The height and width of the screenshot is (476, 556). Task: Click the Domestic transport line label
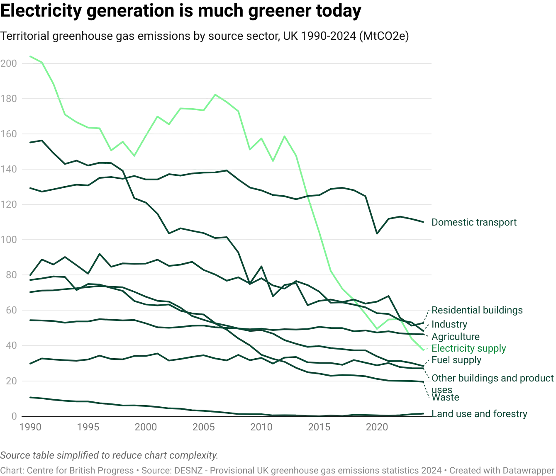[474, 223]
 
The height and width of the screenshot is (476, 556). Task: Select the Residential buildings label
[477, 310]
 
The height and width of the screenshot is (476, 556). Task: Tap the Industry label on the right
[449, 324]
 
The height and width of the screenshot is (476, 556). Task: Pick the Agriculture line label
[456, 336]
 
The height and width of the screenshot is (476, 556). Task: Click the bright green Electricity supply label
[469, 348]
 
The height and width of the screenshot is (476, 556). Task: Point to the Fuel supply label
[456, 361]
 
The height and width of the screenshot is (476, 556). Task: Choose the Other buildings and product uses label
[493, 378]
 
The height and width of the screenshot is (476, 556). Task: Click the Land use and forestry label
[479, 414]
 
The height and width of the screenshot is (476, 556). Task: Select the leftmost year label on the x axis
[31, 426]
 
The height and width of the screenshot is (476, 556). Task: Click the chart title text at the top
[205, 36]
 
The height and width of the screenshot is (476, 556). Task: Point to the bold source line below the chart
[110, 456]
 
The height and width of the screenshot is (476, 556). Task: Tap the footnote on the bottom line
[278, 470]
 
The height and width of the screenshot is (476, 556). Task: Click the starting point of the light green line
[28, 54]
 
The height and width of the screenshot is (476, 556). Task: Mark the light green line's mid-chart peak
[216, 95]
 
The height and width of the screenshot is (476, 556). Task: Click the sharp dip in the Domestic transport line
[378, 233]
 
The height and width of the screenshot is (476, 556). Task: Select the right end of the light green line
[424, 350]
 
